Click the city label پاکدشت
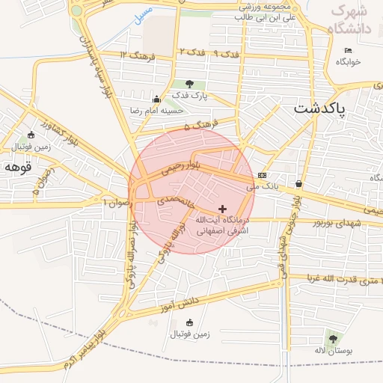tap(319, 108)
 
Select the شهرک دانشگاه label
tap(352, 19)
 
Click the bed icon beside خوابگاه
tap(346, 50)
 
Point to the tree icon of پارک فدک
tap(189, 84)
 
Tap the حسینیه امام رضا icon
tap(156, 99)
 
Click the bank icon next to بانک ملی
tap(261, 175)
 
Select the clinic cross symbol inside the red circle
tap(222, 208)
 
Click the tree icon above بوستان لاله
tap(333, 339)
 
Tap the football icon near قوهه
tap(31, 135)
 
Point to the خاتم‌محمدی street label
tap(175, 200)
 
